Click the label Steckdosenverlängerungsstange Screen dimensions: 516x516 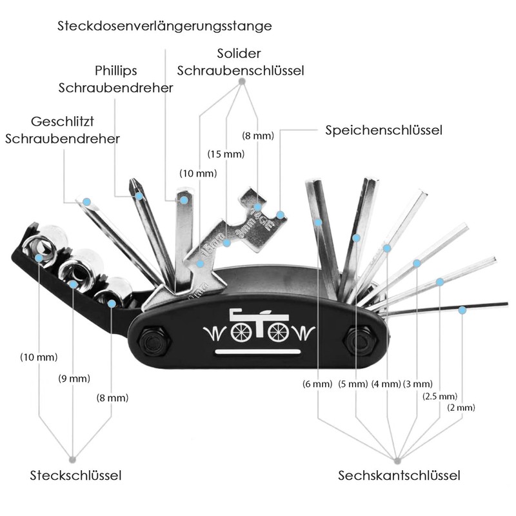[164, 26]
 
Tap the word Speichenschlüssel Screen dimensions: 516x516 [384, 130]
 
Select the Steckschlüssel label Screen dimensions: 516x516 [75, 475]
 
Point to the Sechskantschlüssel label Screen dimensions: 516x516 [399, 475]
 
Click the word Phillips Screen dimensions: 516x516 [116, 71]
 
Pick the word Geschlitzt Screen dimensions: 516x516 [63, 122]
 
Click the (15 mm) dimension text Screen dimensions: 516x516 [226, 154]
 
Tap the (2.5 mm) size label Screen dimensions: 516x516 [440, 396]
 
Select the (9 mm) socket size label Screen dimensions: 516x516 [74, 379]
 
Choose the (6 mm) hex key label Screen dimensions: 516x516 [317, 384]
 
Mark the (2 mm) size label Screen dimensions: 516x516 [461, 408]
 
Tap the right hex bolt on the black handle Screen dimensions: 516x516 [361, 341]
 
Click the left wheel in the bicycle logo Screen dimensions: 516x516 [241, 332]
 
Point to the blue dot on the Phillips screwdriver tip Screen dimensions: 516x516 [139, 196]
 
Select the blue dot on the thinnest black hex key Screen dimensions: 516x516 [462, 310]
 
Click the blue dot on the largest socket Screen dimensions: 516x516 [39, 258]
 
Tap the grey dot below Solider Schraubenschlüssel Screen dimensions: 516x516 [242, 81]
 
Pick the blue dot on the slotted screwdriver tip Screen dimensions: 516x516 [86, 202]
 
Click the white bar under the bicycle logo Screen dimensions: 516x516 [257, 352]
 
